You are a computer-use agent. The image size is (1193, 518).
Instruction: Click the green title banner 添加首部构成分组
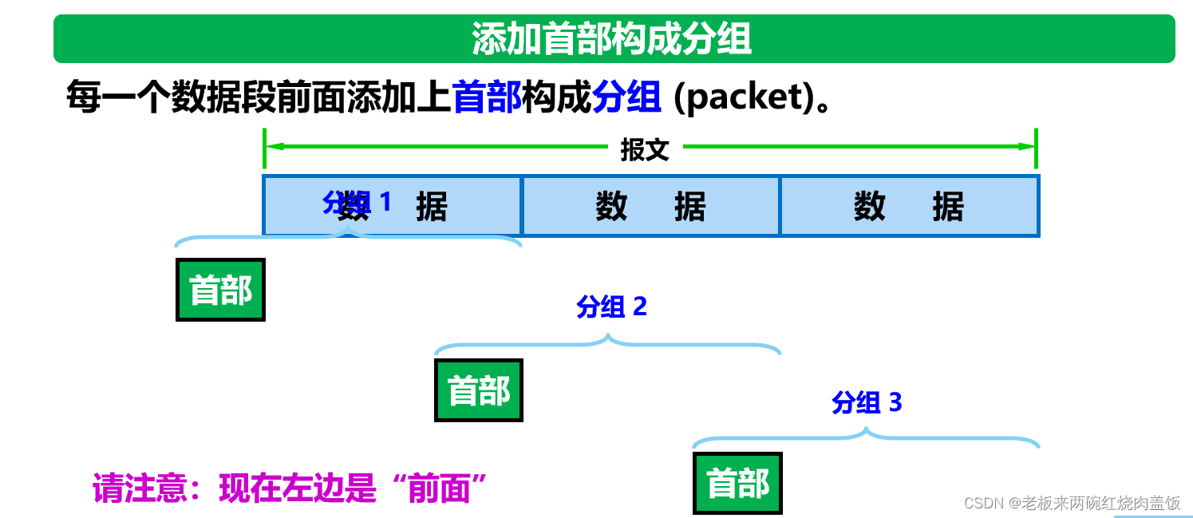613,38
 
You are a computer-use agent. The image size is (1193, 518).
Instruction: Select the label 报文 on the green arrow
645,149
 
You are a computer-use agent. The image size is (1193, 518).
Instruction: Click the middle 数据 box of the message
650,207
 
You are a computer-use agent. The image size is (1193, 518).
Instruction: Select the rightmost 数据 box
909,207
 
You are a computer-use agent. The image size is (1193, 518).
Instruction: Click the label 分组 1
357,203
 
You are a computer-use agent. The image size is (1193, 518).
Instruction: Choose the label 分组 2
611,306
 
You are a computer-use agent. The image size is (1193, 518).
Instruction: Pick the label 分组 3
867,402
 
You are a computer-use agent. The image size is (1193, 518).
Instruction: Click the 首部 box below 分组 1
220,290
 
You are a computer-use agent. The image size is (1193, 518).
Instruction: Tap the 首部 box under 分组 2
479,390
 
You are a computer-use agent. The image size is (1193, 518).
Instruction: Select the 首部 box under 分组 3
738,483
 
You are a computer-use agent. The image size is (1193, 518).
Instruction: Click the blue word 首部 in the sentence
487,98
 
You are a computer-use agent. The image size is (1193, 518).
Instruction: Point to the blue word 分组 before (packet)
626,98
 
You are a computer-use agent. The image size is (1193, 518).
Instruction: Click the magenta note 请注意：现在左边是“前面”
290,488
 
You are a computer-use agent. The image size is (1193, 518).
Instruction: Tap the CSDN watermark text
1072,503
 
